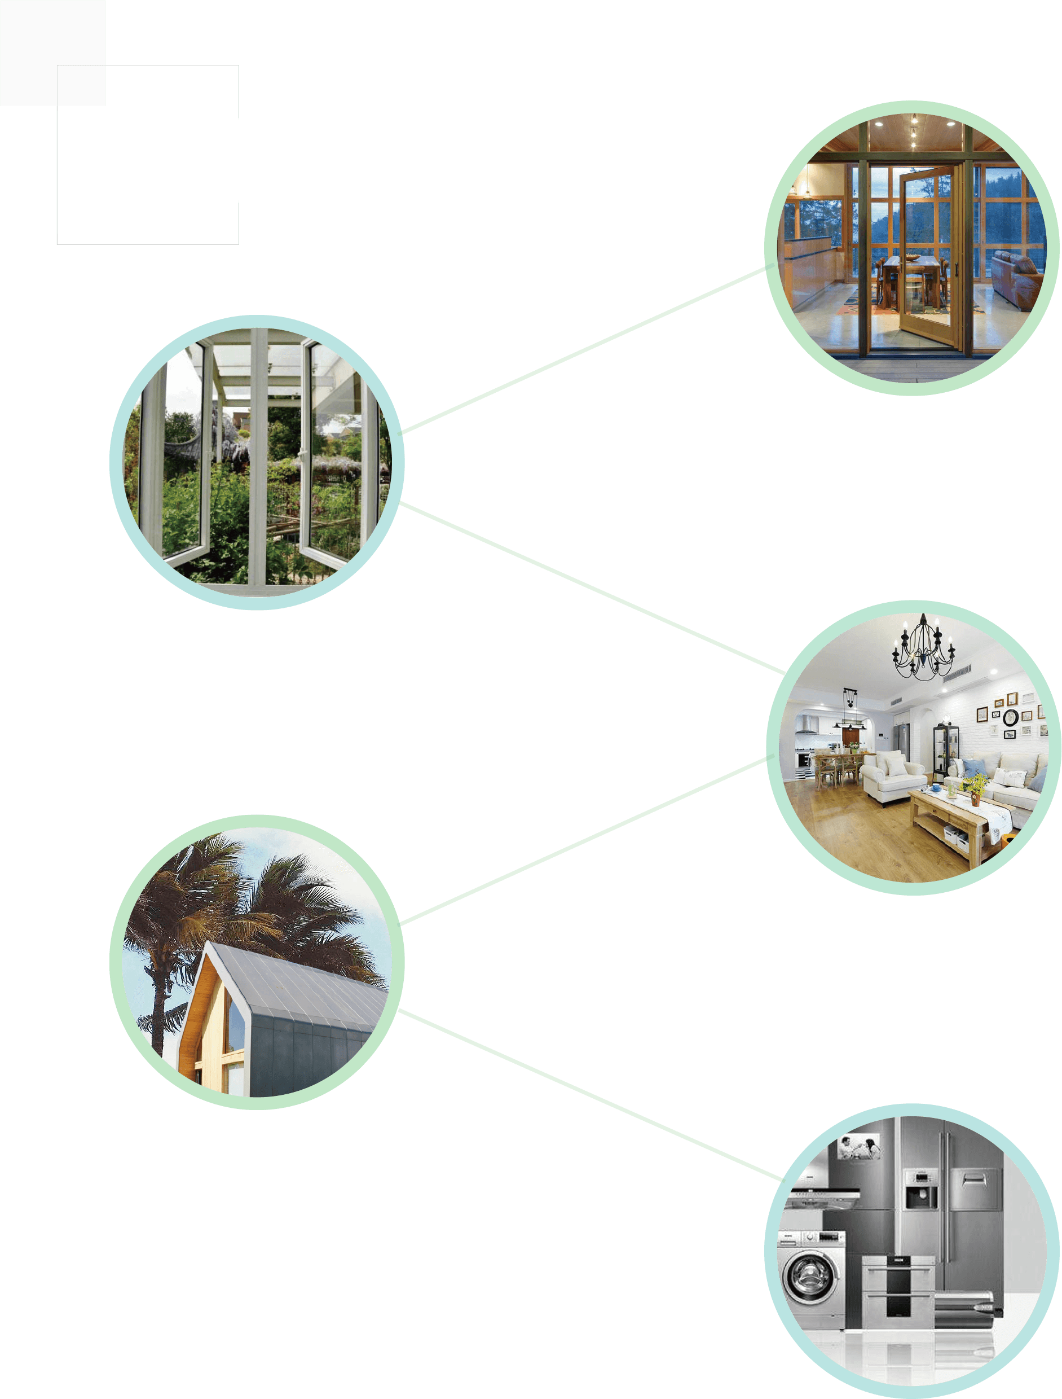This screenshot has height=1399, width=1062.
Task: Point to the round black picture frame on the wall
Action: point(1010,717)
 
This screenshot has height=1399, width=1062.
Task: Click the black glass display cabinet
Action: point(945,750)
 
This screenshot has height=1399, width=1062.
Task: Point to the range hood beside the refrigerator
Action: point(822,1195)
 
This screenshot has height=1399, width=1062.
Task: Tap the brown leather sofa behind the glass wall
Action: point(1016,278)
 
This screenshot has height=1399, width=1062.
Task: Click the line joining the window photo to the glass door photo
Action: point(581,351)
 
